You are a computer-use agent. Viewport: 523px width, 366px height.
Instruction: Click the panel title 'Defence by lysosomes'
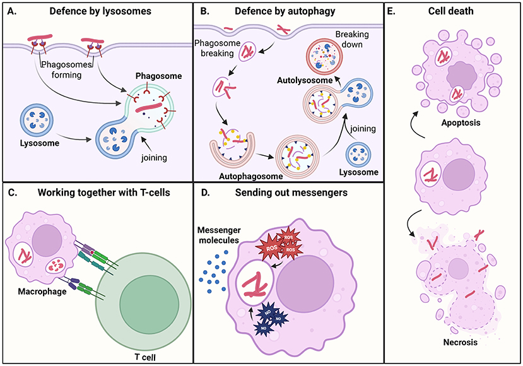pyautogui.click(x=103, y=11)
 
